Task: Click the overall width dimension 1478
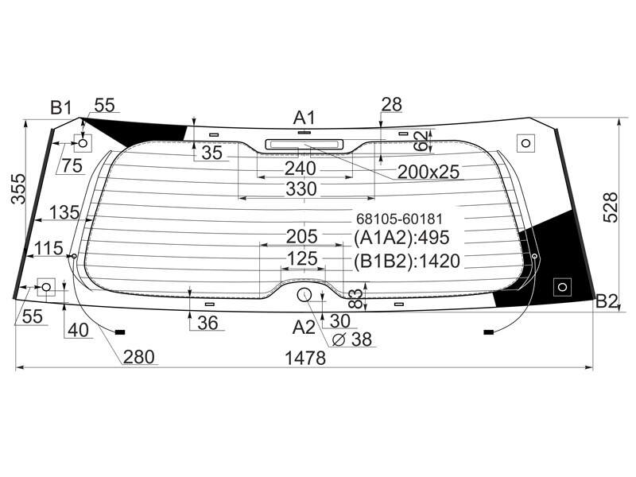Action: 305,359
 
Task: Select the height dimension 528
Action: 610,207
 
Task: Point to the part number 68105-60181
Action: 399,219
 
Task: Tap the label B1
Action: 61,108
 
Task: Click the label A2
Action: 304,327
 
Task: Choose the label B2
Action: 607,302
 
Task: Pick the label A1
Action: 304,118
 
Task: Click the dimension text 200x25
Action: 429,172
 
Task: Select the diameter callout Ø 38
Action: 351,339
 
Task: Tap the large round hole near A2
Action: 304,295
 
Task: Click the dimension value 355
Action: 18,188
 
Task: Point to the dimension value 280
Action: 138,357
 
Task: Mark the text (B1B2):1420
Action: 406,262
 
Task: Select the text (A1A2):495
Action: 401,238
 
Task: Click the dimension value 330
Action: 301,189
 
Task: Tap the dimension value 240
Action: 301,169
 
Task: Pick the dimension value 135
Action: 64,212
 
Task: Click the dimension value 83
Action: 355,298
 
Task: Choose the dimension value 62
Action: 422,141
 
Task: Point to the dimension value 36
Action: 208,323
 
